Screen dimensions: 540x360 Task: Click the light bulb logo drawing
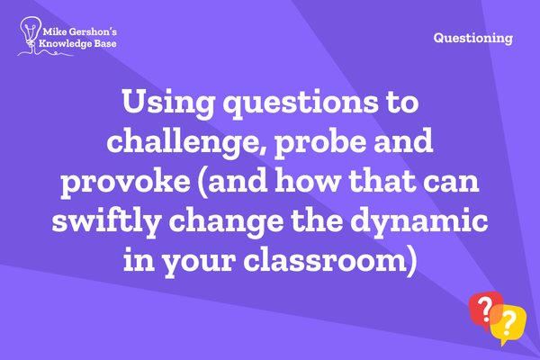click(x=31, y=32)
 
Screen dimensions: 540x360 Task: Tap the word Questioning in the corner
click(x=472, y=38)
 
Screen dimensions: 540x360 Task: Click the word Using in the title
click(x=169, y=103)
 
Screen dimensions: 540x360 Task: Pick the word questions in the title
click(x=301, y=104)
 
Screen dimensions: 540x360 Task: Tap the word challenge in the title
click(x=183, y=141)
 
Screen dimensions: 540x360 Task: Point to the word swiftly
click(x=107, y=221)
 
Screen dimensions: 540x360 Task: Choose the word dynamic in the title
click(x=419, y=221)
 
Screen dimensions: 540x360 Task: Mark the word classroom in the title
click(x=326, y=260)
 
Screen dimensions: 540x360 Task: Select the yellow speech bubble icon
click(x=508, y=325)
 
